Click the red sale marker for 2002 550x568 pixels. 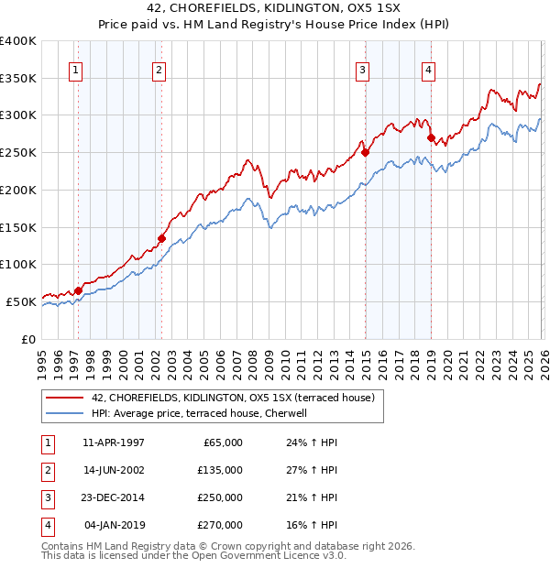click(161, 238)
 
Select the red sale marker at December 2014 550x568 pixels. click(365, 153)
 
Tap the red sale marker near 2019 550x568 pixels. click(431, 137)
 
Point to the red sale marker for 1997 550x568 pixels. click(78, 290)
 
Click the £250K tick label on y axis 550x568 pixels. click(18, 153)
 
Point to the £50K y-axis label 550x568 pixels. click(21, 301)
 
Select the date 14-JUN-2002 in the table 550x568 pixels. click(113, 470)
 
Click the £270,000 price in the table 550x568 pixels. click(222, 525)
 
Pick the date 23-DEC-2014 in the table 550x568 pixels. click(113, 497)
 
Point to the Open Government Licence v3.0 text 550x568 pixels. click(254, 555)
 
